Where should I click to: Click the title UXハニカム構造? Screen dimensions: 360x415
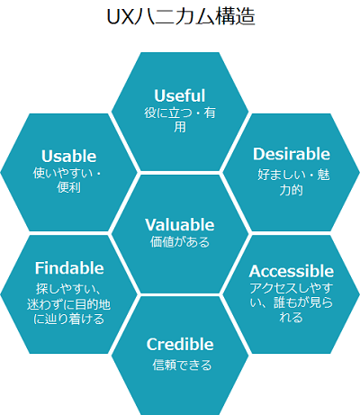(181, 17)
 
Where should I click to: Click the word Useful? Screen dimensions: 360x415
(180, 95)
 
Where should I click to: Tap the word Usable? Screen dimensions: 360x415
(68, 156)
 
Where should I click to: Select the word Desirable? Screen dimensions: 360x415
(292, 154)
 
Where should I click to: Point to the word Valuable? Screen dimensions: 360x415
(180, 225)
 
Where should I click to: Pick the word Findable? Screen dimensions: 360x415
(69, 268)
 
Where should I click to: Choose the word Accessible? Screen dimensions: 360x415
(292, 271)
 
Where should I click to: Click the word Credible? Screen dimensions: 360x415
(180, 345)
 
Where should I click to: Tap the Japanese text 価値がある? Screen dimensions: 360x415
(180, 242)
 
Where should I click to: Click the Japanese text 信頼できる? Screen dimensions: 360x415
(182, 365)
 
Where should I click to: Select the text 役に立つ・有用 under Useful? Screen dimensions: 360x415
(180, 120)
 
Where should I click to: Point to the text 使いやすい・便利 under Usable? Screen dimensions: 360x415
(68, 180)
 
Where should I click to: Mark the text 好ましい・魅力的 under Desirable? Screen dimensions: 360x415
(293, 183)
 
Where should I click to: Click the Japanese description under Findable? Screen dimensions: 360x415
(68, 304)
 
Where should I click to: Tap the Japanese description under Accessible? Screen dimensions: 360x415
(292, 302)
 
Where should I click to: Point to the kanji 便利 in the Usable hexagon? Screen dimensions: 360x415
(68, 187)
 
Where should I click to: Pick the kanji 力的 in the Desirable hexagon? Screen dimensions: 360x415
(291, 190)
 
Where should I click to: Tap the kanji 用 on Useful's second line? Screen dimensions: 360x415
(180, 127)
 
